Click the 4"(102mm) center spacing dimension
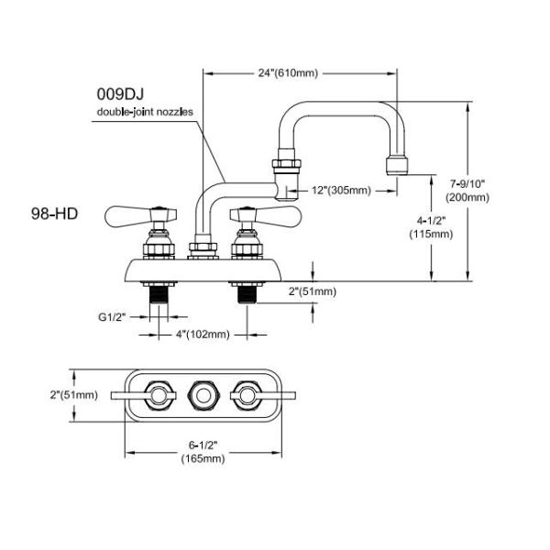point(200,334)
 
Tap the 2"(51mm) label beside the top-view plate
point(73,394)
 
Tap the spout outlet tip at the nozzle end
point(398,166)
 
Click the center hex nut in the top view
point(203,395)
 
